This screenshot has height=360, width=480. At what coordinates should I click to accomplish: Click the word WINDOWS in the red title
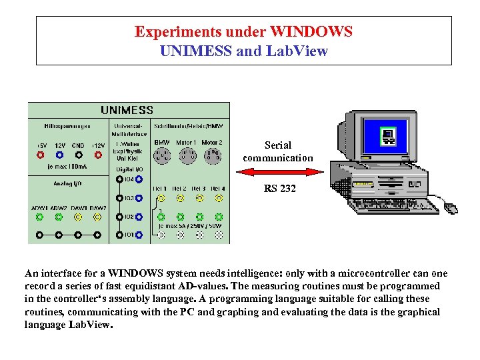click(311, 31)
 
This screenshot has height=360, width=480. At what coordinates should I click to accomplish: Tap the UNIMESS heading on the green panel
click(127, 110)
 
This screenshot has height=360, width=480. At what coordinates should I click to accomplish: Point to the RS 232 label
click(279, 189)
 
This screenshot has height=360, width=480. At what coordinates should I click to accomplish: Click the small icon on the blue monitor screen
click(387, 137)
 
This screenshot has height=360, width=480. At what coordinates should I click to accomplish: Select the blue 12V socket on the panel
click(60, 155)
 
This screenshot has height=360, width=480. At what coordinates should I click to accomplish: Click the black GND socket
click(79, 155)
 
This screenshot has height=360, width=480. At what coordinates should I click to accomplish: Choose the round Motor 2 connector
click(212, 155)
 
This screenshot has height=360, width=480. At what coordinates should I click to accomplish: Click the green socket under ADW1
click(40, 217)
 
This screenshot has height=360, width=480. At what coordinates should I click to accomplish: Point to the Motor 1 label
click(185, 143)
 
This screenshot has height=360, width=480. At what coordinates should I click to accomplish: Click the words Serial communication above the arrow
click(278, 152)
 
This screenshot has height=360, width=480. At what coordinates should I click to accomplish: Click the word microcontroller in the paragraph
click(380, 274)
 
